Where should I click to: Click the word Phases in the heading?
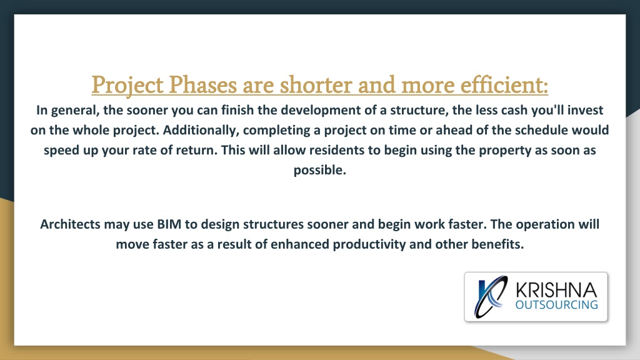point(203,85)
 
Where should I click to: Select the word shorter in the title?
point(316,85)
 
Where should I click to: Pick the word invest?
point(585,110)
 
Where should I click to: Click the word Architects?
point(70,224)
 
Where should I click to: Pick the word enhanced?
point(300,244)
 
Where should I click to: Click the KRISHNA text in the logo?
point(556,290)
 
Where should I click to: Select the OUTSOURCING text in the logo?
point(556,305)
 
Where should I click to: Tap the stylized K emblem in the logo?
point(491,296)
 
